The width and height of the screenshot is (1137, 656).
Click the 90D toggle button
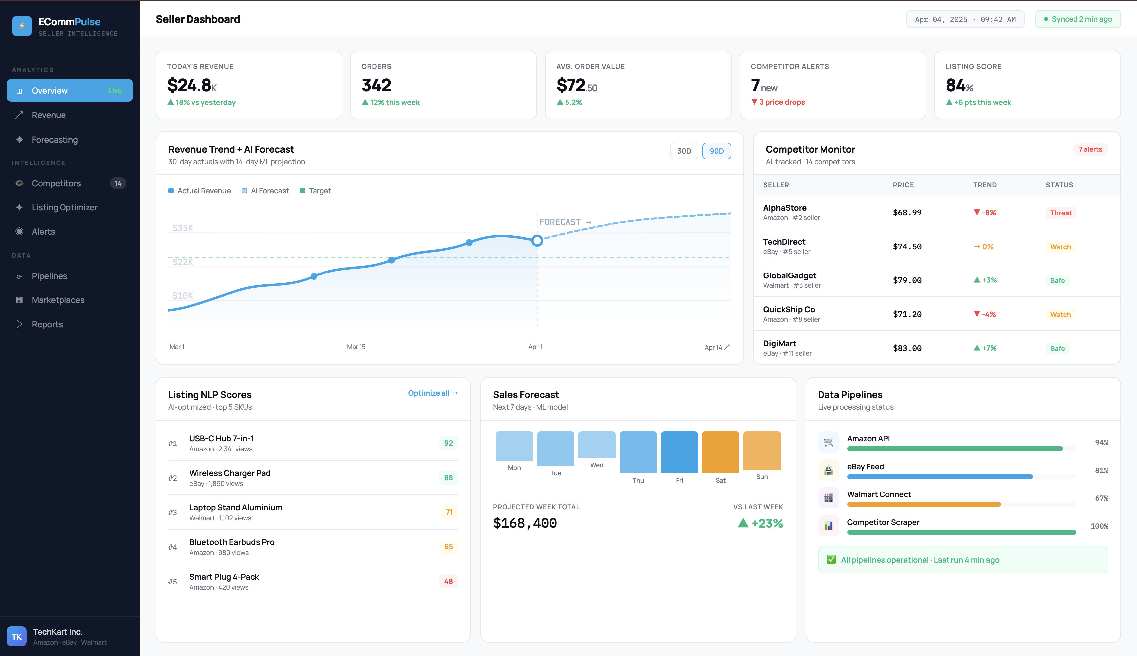(716, 151)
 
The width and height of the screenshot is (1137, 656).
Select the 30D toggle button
(683, 151)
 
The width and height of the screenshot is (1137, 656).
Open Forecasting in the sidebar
(55, 140)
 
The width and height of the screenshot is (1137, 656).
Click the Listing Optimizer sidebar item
(64, 207)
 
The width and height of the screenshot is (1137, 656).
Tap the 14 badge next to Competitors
(118, 183)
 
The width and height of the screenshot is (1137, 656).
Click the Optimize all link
(432, 393)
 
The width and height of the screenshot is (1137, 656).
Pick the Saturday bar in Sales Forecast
(720, 452)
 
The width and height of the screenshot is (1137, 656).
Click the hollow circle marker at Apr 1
(536, 241)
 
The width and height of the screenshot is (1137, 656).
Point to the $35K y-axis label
(183, 228)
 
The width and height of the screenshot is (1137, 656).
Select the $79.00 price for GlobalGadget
(907, 280)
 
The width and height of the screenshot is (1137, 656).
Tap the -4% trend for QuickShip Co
(985, 314)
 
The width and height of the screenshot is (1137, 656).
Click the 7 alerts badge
(1090, 149)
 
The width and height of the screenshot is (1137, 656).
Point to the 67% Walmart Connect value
(1101, 498)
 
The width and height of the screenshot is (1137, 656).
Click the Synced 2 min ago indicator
(1077, 19)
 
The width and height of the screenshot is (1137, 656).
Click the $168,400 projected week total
(525, 523)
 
